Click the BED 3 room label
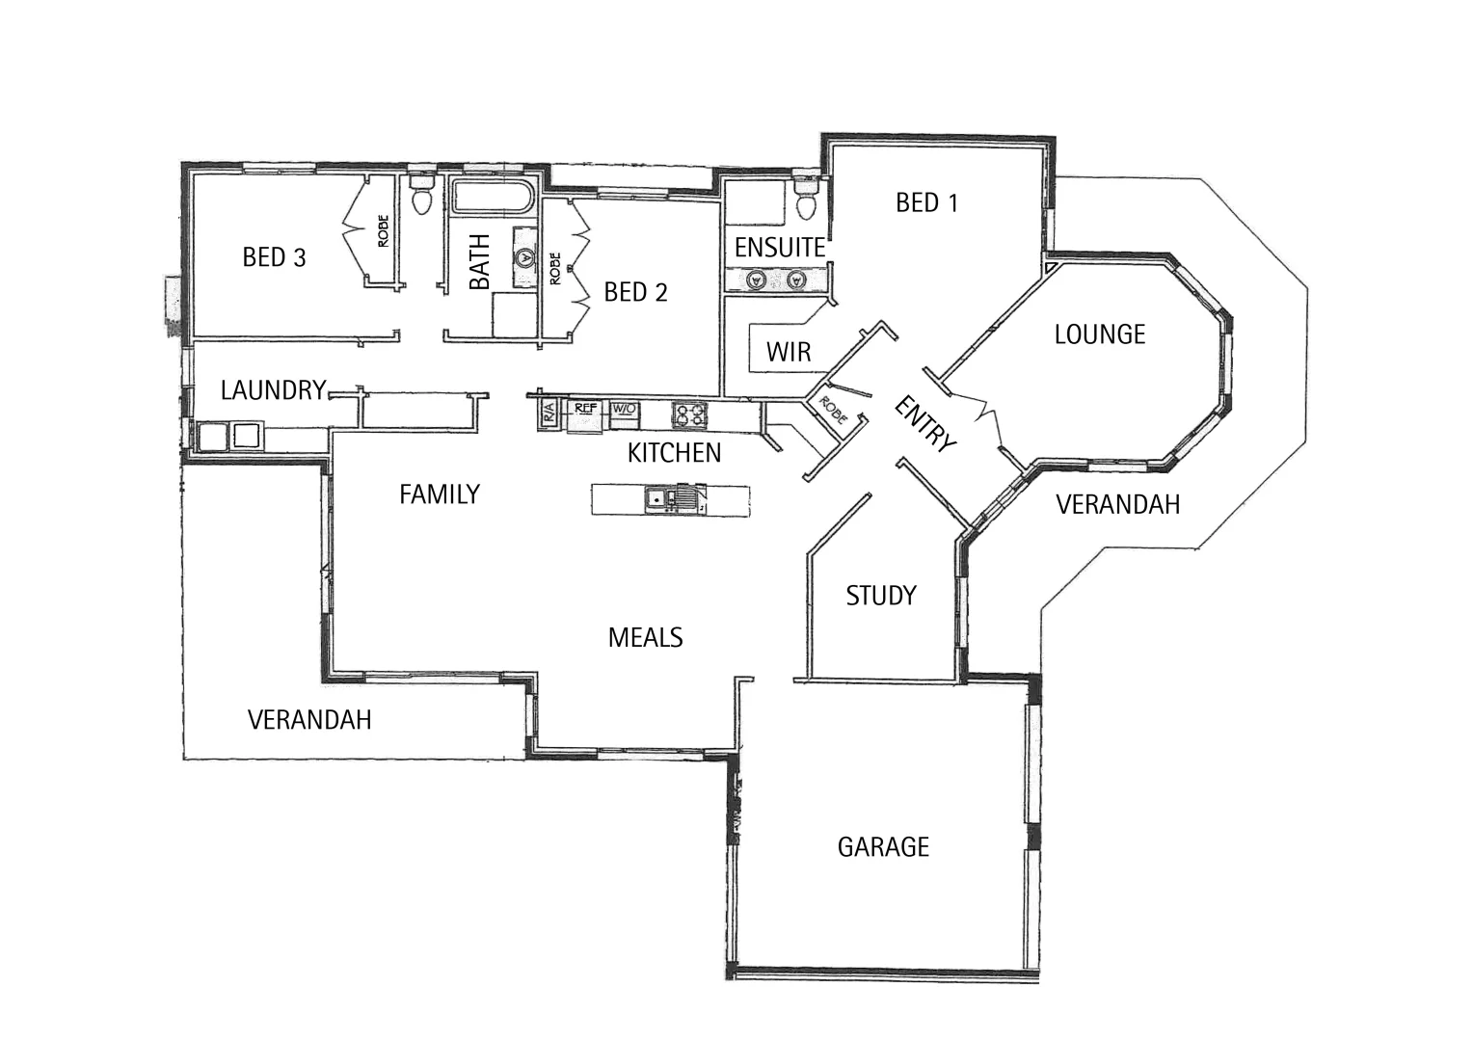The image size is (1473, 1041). (x=274, y=257)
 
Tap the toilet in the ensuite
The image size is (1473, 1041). (x=807, y=203)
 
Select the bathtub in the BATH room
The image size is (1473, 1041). (x=492, y=199)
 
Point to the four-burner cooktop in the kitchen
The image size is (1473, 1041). (x=689, y=414)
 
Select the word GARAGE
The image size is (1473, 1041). (x=883, y=847)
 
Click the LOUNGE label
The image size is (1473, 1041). (x=1099, y=334)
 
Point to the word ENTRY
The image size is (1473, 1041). (x=925, y=424)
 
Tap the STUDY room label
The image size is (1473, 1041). (x=880, y=596)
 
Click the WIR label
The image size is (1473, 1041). (x=789, y=353)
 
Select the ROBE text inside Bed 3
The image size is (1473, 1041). (x=383, y=231)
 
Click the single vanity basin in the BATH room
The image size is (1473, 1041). (x=524, y=258)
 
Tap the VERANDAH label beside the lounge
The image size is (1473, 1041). (x=1117, y=504)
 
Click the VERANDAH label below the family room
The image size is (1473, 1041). (x=309, y=720)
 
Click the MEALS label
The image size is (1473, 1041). (x=645, y=637)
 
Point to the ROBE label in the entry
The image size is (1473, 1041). (x=832, y=411)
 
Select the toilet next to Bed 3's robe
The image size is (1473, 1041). (x=421, y=199)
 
